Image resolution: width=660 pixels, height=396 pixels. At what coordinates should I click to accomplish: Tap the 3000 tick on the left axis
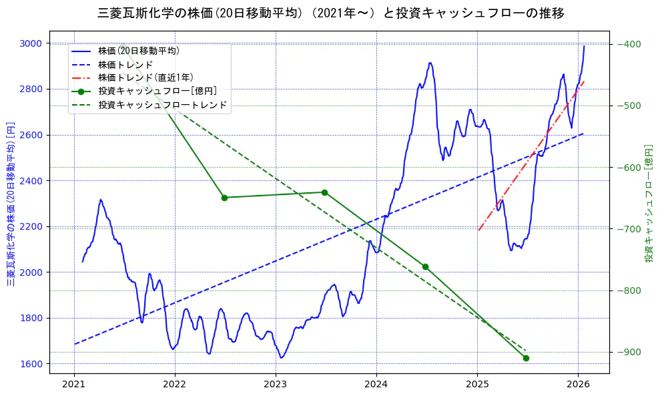click(x=31, y=43)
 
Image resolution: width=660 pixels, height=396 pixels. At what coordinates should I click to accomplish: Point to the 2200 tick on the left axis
click(x=31, y=226)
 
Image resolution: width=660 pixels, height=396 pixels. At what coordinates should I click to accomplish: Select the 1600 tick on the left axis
click(x=31, y=364)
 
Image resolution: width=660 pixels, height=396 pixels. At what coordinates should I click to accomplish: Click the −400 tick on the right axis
click(x=630, y=44)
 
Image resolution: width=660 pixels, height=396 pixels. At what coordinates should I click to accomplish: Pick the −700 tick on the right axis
click(x=630, y=229)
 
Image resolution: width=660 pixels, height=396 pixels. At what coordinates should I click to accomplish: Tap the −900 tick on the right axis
click(x=630, y=352)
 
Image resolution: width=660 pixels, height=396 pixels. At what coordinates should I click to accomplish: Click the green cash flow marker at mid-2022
click(x=224, y=198)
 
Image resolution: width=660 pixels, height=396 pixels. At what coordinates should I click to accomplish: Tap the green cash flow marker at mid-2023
click(x=324, y=192)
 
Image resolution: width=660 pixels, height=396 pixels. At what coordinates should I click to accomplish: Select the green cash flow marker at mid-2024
click(x=425, y=266)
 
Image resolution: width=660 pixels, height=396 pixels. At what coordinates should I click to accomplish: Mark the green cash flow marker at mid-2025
click(x=526, y=358)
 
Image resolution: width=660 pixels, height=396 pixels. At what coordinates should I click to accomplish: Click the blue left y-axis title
click(x=10, y=204)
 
